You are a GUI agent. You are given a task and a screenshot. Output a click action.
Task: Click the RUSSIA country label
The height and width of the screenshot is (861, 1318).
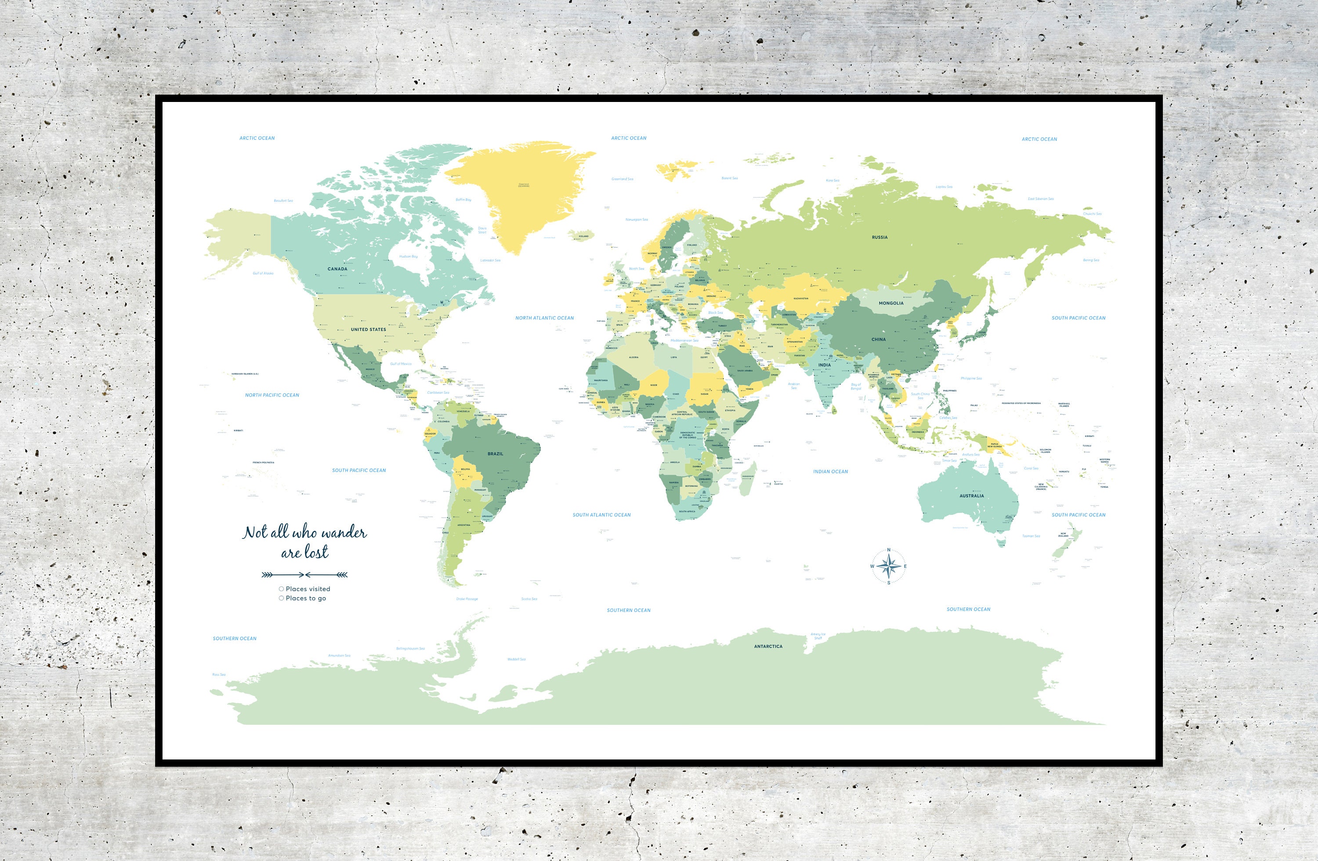(x=880, y=237)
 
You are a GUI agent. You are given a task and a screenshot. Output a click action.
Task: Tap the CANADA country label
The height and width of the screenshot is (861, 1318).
(x=337, y=269)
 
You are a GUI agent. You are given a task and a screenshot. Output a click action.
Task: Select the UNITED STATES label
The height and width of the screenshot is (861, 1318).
(x=368, y=329)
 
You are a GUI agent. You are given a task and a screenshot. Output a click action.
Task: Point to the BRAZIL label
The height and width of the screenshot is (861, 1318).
(x=495, y=454)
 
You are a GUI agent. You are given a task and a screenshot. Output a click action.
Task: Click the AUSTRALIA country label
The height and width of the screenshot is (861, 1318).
(x=971, y=496)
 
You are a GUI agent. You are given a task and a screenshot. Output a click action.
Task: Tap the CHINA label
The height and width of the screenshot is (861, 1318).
(x=878, y=339)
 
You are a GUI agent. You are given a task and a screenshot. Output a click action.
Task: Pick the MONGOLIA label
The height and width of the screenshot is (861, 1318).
(x=891, y=303)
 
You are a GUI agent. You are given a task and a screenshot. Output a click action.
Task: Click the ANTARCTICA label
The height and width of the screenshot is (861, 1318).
(x=768, y=646)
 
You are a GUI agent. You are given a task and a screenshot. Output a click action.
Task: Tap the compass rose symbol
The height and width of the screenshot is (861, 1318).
(x=889, y=566)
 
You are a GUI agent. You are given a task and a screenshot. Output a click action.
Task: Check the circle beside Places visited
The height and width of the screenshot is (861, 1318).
(x=281, y=589)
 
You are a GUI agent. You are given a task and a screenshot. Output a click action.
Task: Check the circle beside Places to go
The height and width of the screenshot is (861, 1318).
(x=281, y=598)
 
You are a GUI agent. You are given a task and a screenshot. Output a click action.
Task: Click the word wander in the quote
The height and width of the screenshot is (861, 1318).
(x=344, y=533)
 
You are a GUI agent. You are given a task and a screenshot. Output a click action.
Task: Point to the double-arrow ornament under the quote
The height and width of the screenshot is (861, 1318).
(x=304, y=574)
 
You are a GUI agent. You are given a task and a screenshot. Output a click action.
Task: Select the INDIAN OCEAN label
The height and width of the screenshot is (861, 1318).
(x=830, y=472)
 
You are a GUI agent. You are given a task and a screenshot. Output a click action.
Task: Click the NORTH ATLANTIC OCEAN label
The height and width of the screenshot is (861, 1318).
(x=544, y=318)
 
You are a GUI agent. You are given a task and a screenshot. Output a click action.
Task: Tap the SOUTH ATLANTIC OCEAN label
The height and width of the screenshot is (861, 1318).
(x=601, y=515)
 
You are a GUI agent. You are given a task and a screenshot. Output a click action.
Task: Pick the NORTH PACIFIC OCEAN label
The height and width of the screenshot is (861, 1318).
(x=272, y=395)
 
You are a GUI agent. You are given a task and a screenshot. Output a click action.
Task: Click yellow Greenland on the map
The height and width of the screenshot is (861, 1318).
(x=521, y=194)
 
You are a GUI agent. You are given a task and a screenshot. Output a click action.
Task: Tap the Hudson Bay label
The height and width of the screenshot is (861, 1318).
(x=408, y=257)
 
